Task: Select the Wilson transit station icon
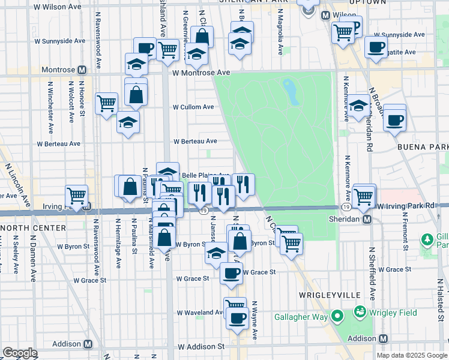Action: coord(325,15)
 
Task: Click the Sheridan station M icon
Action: coord(367,220)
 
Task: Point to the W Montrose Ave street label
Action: coord(201,73)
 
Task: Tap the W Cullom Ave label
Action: coord(193,107)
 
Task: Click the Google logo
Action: coord(20,352)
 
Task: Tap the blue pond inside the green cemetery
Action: coord(291,91)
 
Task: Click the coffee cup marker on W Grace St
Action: coord(232,274)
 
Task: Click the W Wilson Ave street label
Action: coord(58,7)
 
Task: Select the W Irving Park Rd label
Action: coord(406,206)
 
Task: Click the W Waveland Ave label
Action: coord(200,313)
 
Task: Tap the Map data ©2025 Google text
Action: coord(412,355)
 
